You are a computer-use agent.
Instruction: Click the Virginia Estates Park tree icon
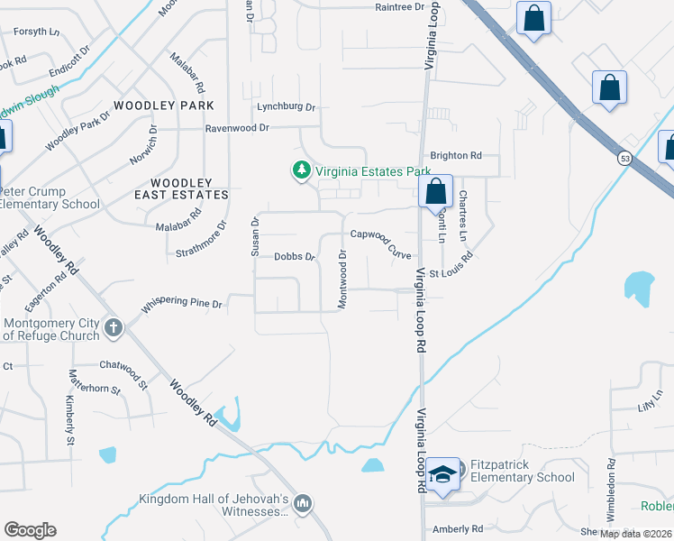[x=300, y=170]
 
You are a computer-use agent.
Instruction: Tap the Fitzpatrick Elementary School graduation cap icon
[x=443, y=475]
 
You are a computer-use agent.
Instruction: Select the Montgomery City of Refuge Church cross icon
[x=114, y=326]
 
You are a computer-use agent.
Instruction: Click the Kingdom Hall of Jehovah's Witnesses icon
[x=303, y=504]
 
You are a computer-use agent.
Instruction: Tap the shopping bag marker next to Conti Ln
[x=435, y=192]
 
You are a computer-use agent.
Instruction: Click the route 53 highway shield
[x=624, y=158]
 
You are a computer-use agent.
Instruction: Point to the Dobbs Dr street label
[x=294, y=257]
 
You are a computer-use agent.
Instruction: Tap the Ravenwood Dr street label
[x=237, y=128]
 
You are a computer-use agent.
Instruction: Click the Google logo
[x=30, y=529]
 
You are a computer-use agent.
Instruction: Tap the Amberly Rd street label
[x=458, y=529]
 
